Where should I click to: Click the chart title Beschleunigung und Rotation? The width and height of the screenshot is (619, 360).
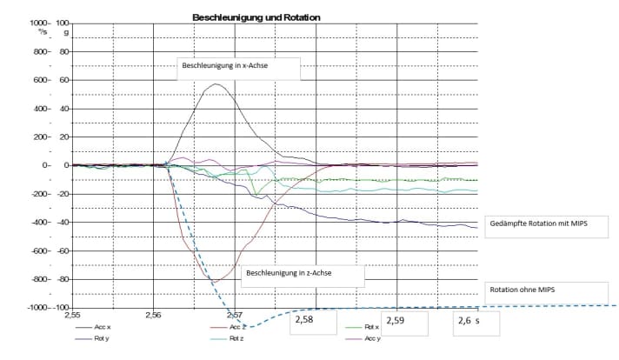point(256,17)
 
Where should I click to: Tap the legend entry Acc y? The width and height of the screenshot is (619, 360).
point(371,339)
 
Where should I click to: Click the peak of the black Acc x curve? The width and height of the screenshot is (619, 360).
point(215,84)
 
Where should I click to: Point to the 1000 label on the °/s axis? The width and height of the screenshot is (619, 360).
point(37,23)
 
